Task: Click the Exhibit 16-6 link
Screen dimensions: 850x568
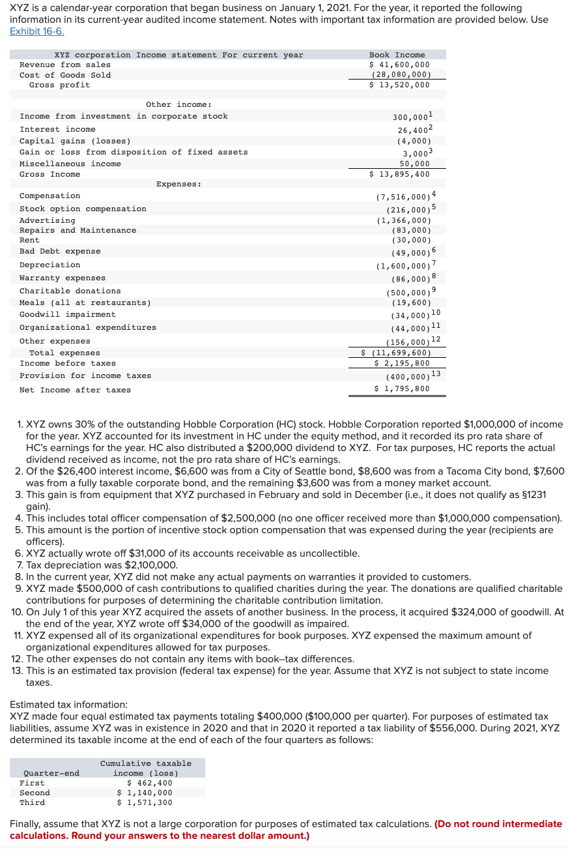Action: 37,32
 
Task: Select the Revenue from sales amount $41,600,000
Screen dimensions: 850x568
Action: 399,65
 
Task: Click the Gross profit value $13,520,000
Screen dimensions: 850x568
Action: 399,85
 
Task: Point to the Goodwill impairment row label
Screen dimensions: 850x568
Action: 67,315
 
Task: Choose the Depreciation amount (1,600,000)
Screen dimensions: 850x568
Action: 403,266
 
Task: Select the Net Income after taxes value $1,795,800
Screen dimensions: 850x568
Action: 401,390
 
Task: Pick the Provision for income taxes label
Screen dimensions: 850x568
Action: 85,376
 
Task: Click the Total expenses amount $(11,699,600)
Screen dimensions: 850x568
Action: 397,353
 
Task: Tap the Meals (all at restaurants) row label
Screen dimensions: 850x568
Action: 85,302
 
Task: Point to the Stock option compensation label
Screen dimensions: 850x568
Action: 83,209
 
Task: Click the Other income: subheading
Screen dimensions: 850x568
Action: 178,104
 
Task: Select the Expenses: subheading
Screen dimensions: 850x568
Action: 178,184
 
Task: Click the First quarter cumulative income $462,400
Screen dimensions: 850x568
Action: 150,783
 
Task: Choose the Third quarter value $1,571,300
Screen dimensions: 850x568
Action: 145,802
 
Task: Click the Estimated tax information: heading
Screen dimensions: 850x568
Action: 68,705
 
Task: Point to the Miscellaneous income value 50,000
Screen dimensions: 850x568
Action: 414,164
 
